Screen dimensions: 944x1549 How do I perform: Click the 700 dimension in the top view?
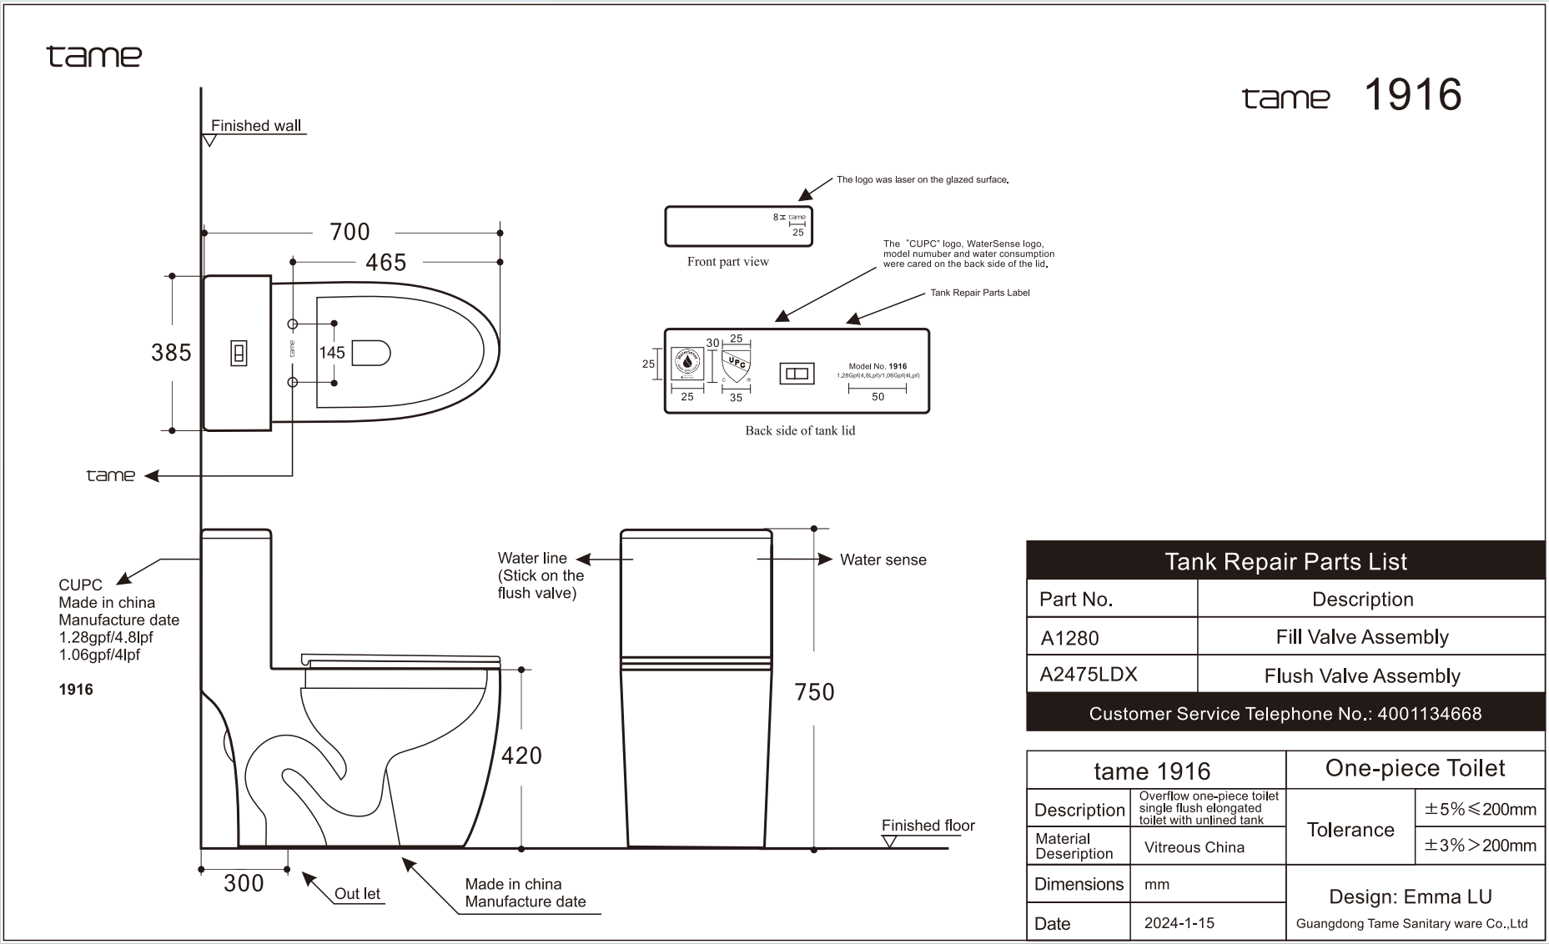[350, 232]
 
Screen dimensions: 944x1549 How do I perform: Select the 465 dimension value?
[385, 263]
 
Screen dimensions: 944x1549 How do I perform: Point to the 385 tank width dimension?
[171, 353]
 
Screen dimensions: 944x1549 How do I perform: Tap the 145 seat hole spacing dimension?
[332, 353]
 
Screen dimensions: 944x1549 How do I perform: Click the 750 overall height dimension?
[814, 692]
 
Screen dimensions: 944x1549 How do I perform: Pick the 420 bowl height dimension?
[521, 756]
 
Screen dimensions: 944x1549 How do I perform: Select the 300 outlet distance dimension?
[244, 883]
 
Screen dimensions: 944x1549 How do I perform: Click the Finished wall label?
[255, 126]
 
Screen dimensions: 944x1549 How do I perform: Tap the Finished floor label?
[928, 826]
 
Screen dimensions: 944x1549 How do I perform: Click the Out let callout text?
[357, 894]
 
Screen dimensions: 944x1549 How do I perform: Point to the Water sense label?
[883, 560]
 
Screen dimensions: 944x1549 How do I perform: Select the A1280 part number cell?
[1070, 638]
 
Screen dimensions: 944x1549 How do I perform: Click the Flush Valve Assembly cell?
[1362, 675]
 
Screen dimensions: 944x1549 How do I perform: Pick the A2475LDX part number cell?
[1088, 675]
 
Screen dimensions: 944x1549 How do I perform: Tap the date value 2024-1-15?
[1179, 923]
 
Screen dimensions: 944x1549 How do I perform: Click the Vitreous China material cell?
[1194, 847]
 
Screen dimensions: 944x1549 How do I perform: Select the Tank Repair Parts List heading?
[1285, 561]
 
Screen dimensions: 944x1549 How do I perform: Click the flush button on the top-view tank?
[239, 354]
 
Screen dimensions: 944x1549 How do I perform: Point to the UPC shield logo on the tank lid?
[736, 364]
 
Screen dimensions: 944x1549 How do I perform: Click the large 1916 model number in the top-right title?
[1412, 95]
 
